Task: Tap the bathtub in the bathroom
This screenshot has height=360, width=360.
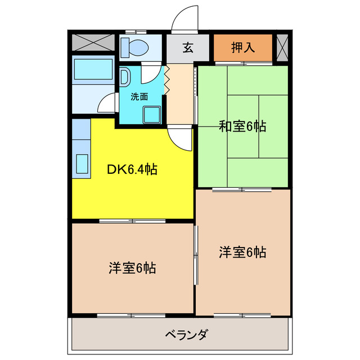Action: click(93, 70)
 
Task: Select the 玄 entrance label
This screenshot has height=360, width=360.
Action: click(188, 47)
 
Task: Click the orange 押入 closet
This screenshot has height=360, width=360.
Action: click(244, 47)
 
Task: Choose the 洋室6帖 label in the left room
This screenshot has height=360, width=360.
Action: click(132, 268)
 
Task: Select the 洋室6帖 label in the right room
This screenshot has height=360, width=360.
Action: click(242, 253)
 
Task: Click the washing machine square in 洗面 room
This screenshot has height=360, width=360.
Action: click(151, 114)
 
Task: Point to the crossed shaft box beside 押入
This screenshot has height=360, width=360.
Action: click(282, 47)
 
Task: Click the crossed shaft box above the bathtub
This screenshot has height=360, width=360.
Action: click(93, 43)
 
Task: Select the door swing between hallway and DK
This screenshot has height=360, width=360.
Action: click(179, 138)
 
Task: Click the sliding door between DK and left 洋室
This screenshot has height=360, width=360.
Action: click(132, 221)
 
